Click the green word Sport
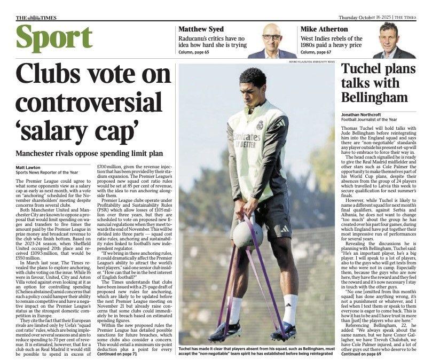(x=54, y=38)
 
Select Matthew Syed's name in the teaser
(x=201, y=29)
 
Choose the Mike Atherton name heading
(x=323, y=29)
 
